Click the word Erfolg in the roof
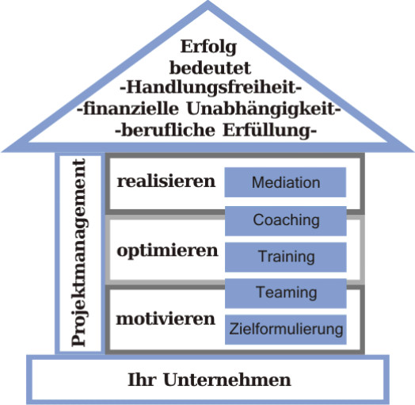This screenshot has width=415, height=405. (x=208, y=47)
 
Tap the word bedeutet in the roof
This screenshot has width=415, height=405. (x=210, y=68)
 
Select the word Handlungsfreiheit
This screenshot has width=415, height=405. (x=211, y=87)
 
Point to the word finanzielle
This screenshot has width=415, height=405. (x=131, y=109)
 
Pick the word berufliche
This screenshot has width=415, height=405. (x=168, y=130)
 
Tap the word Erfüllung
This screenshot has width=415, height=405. (x=267, y=131)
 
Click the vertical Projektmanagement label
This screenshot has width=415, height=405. (x=79, y=252)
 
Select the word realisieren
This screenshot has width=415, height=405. (x=166, y=181)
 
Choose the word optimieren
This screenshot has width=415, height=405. (x=168, y=250)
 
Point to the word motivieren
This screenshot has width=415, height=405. (x=166, y=319)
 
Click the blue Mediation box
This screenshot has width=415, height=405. (x=285, y=182)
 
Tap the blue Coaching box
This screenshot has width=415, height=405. (x=286, y=221)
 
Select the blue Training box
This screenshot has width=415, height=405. (x=286, y=257)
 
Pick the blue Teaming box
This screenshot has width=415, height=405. (x=286, y=293)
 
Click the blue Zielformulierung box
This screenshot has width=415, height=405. (x=286, y=330)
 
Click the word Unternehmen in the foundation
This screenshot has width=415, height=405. (x=227, y=380)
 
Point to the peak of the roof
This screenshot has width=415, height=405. (x=208, y=2)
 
